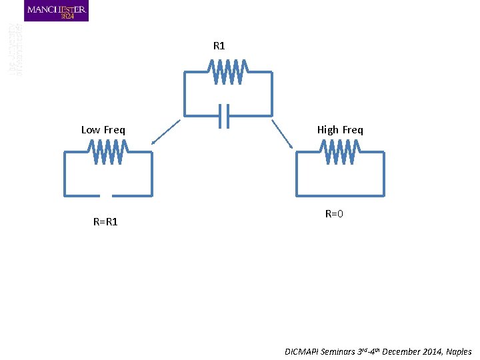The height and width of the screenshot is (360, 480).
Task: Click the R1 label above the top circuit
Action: click(219, 46)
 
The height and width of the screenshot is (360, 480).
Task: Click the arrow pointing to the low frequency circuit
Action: click(165, 132)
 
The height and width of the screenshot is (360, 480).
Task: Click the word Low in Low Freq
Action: click(91, 130)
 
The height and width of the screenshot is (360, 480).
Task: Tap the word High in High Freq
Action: click(328, 130)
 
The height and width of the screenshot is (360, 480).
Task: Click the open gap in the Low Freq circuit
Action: click(105, 195)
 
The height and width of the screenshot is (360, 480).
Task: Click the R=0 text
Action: click(334, 214)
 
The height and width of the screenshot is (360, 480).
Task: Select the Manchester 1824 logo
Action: click(56, 11)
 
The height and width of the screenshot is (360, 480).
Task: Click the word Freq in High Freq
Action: click(353, 130)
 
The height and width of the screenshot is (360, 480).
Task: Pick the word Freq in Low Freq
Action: click(114, 130)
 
